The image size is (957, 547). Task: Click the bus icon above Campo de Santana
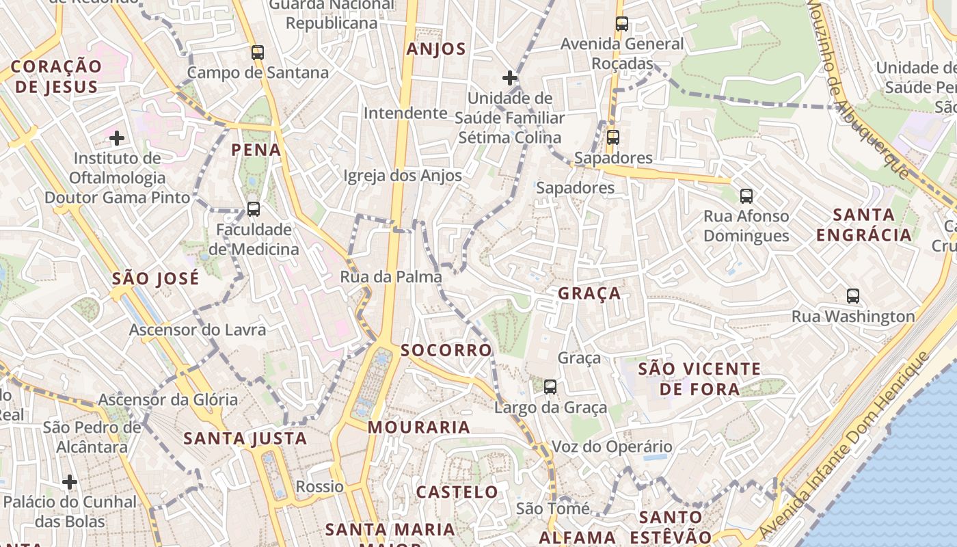[x=258, y=52]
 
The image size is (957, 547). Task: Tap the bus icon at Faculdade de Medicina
[x=254, y=209]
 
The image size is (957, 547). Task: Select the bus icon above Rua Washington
[x=853, y=296]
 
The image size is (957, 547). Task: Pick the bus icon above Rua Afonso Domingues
[x=746, y=196]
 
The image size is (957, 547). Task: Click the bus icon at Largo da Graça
[x=550, y=387]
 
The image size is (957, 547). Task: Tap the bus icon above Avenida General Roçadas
[x=622, y=24]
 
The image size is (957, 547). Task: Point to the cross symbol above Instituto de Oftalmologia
[x=117, y=138]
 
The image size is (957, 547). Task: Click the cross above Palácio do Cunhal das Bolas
[x=70, y=482]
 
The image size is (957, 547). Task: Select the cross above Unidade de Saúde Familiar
[x=510, y=77]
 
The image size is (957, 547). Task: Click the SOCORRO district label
[x=446, y=350]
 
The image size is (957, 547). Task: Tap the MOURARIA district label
[x=419, y=427]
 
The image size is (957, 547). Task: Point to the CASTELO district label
[x=457, y=492]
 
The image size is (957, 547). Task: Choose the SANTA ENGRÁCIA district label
[x=864, y=225]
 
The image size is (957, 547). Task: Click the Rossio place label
[x=319, y=487]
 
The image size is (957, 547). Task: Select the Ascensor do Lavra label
[x=198, y=330]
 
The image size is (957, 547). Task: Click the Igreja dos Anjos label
[x=403, y=176]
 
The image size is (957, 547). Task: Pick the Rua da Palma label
[x=391, y=277]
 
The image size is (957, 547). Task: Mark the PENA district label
[x=256, y=150]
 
